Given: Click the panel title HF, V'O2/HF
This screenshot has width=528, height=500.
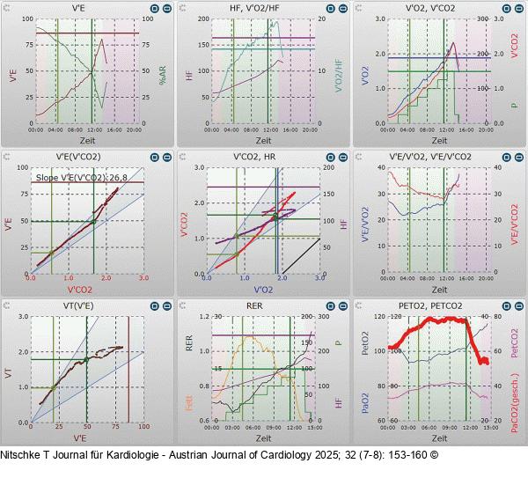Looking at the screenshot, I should click(262, 7).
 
